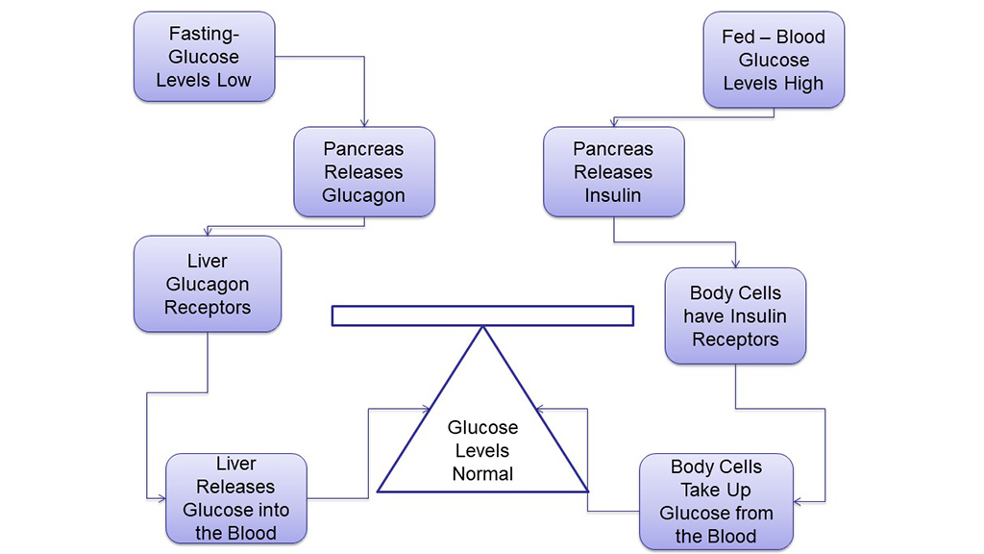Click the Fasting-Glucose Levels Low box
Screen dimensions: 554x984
[204, 57]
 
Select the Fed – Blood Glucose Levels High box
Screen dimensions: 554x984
[774, 60]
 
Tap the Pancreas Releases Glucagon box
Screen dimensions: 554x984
[363, 172]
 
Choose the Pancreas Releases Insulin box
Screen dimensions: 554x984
[613, 172]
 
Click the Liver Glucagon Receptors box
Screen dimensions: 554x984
[208, 284]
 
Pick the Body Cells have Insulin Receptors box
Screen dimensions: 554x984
[735, 315]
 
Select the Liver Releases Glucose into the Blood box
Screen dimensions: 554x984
[235, 498]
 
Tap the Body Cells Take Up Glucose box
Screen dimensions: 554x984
[716, 501]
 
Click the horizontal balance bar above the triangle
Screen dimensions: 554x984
[482, 315]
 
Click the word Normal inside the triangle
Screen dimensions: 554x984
[482, 473]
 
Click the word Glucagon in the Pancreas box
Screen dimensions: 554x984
[363, 195]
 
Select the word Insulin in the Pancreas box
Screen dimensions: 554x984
[613, 195]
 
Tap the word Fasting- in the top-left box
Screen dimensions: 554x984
[203, 34]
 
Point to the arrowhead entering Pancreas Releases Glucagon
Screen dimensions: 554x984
[364, 123]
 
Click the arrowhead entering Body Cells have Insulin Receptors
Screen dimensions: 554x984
[735, 264]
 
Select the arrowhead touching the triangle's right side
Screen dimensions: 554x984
[540, 409]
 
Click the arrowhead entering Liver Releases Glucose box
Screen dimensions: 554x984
[160, 497]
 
